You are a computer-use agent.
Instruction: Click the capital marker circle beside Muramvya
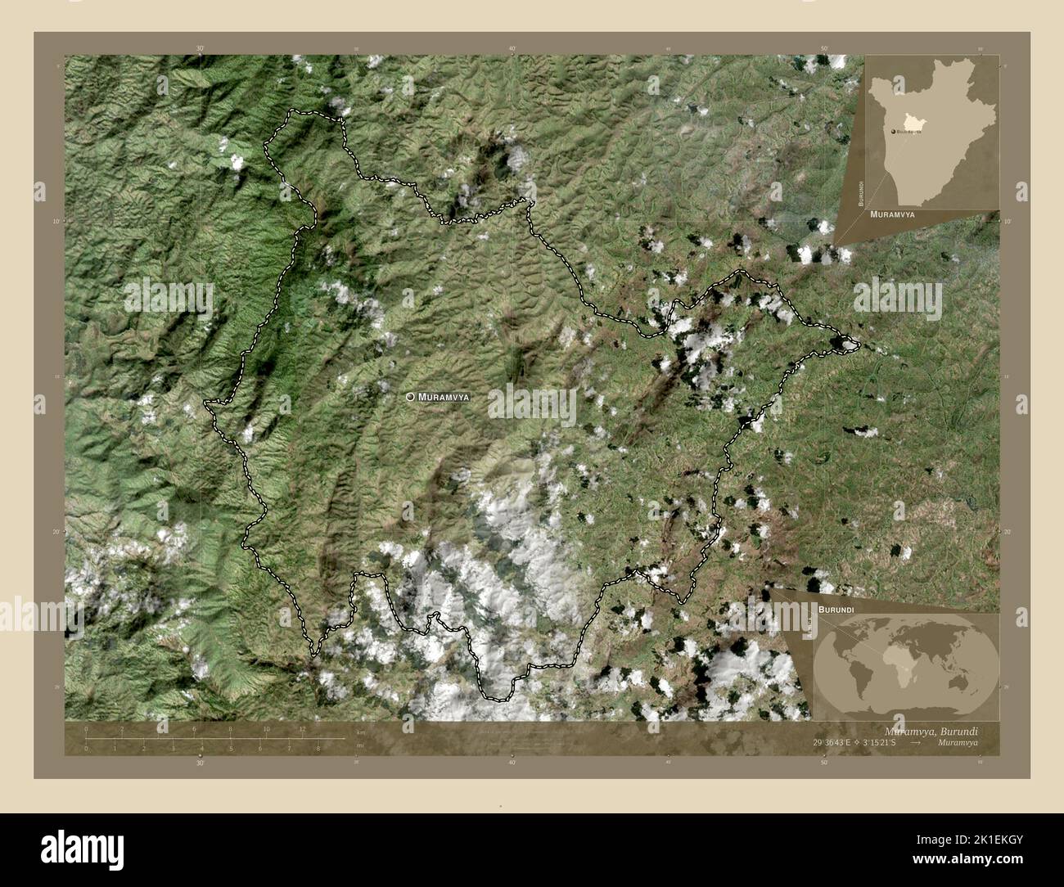[410, 397]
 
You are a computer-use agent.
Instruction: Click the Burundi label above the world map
[835, 610]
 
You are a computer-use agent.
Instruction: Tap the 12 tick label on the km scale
[302, 729]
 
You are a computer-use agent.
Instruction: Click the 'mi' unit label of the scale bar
[360, 746]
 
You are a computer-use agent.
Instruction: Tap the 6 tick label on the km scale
[194, 729]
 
